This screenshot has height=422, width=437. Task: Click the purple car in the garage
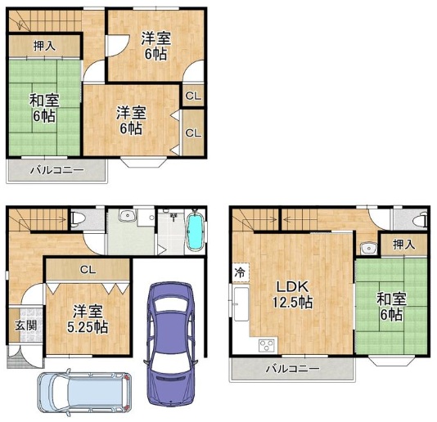coord(170,345)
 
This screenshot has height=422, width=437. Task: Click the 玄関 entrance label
coord(25,325)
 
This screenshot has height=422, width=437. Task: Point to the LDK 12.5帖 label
coord(292,294)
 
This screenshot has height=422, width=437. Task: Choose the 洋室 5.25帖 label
coord(88,319)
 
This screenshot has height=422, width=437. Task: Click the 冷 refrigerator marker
coord(240,272)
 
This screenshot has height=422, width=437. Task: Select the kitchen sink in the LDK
coord(241,304)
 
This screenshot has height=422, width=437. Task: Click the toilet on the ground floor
coord(77,218)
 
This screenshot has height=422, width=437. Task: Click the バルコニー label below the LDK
coord(292,369)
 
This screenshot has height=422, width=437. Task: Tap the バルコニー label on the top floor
coord(56,170)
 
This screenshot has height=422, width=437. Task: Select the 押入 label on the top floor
coord(44,46)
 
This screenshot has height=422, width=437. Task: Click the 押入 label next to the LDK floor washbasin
coord(404,245)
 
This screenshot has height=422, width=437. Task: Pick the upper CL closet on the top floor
coord(193,97)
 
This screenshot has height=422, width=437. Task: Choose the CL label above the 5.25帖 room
coord(88,269)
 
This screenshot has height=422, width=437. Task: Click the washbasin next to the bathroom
coord(128,215)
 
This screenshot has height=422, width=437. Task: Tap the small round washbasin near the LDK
coord(368,248)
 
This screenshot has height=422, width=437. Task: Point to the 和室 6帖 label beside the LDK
coord(391,307)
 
